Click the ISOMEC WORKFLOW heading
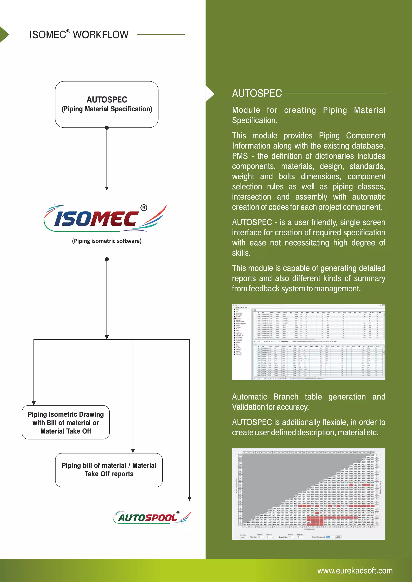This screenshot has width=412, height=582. pos(79,35)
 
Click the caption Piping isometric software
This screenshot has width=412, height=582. pos(107,241)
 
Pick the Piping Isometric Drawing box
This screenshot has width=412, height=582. pos(66,422)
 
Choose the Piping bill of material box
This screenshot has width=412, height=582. pos(109,470)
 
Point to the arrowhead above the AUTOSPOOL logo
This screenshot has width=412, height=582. pos(189,499)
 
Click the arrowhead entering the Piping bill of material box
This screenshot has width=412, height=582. pos(133,451)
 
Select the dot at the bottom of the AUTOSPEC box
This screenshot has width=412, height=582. pos(107,127)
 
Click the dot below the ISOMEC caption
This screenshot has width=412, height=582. pos(107,259)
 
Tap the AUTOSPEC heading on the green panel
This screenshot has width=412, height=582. pos(257,93)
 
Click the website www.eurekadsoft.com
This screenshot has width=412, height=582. pos(355,571)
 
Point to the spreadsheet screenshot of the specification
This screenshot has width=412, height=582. pos(308,342)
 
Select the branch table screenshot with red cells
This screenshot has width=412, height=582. pos(308,494)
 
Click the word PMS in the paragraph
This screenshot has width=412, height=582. pos(240,156)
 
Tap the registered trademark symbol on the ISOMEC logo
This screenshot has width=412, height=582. pos(144,208)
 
